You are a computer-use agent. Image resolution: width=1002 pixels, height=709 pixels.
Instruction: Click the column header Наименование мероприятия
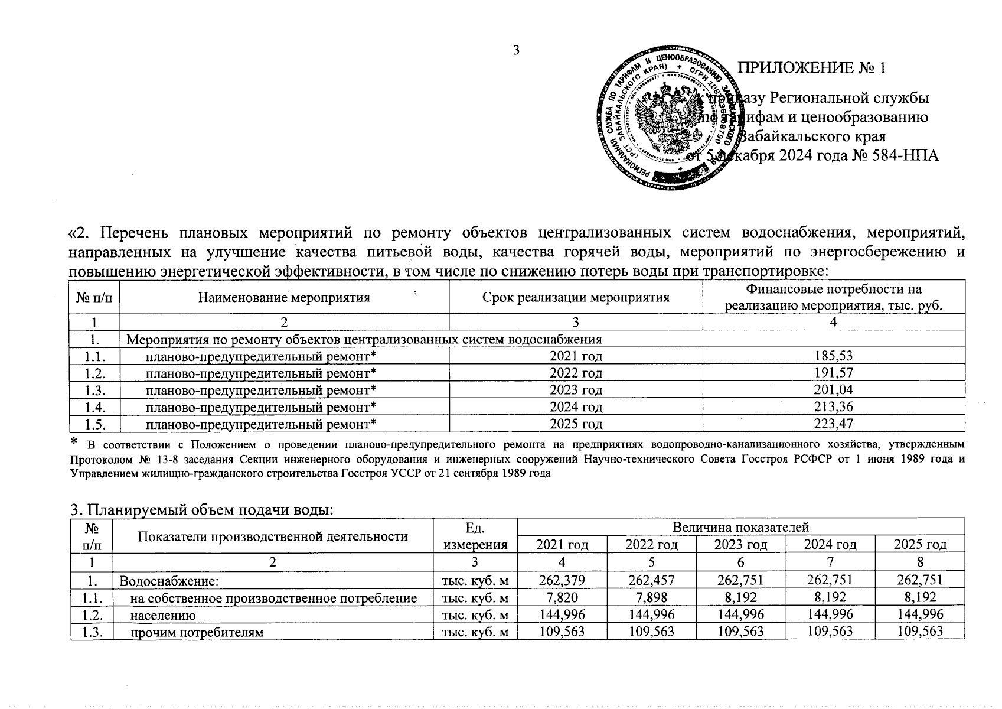284,297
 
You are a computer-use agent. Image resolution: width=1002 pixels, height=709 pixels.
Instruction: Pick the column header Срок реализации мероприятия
576,297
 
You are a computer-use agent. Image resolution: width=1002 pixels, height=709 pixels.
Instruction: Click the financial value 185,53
833,356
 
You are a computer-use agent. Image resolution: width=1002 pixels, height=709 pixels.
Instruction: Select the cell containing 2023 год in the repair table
576,390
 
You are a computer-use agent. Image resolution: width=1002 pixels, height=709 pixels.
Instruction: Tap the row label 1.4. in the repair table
94,406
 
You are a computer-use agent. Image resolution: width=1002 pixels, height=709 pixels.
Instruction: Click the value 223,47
833,424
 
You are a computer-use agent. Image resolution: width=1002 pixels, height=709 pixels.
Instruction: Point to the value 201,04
833,390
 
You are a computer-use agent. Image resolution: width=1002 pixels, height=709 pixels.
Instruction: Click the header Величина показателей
740,527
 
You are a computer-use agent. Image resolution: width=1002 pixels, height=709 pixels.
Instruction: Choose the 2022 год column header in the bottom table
651,544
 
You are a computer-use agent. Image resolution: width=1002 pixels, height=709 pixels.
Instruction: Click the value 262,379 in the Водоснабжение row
562,580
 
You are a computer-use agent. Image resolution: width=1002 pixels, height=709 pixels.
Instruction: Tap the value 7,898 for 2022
651,597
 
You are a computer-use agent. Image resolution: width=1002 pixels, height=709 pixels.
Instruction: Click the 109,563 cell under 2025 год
919,632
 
